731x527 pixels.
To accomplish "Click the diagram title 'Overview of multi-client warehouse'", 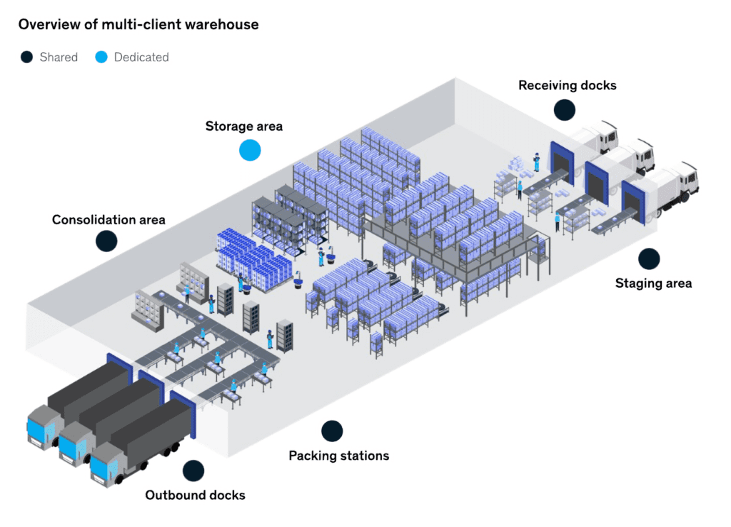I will pos(138,24).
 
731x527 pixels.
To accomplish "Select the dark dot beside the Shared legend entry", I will pos(27,57).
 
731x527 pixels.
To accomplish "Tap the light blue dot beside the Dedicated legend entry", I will pos(101,57).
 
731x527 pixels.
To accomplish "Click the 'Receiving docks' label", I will pos(567,85).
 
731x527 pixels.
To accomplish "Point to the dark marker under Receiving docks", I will pos(564,109).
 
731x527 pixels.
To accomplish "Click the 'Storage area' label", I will pos(244,126).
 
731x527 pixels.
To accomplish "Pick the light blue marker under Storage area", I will pos(250,150).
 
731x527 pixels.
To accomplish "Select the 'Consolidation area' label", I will pos(109,219).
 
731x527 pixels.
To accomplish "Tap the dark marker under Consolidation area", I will pos(106,241).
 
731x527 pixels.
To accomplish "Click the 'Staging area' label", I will pos(653,283).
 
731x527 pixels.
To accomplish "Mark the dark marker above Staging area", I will pos(649,259).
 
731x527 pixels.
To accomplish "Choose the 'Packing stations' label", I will pos(338,455).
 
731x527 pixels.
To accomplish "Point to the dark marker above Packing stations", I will pos(332,431).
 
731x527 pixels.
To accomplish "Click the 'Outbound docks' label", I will pos(195,495).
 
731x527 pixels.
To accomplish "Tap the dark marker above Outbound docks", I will pos(193,471).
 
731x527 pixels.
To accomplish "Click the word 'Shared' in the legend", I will pos(59,57).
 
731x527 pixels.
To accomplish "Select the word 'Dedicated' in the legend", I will pos(141,57).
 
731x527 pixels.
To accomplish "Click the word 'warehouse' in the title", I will pos(224,24).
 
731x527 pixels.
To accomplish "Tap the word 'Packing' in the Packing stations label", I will pos(312,455).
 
